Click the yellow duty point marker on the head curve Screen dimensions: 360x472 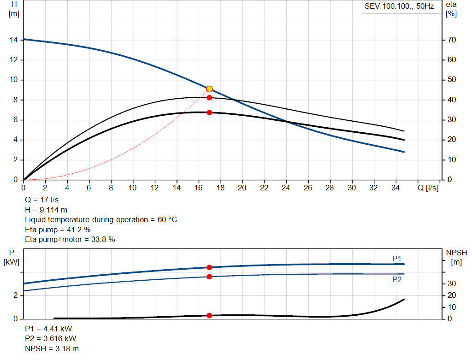click(209, 89)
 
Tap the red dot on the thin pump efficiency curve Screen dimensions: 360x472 click(209, 98)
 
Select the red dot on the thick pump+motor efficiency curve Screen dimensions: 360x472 click(209, 112)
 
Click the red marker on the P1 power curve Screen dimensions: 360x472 click(209, 267)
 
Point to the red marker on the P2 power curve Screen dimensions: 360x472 click(209, 277)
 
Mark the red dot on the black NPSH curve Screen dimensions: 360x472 click(209, 316)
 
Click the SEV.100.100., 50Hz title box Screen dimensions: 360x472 click(400, 7)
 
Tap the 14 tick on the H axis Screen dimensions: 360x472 click(14, 40)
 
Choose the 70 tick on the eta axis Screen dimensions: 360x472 click(451, 40)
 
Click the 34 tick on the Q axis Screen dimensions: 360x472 click(395, 188)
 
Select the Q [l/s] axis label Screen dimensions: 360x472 click(428, 188)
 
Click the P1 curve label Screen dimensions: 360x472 click(397, 259)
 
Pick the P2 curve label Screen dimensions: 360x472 click(397, 279)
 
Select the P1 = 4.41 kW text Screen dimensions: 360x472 click(48, 329)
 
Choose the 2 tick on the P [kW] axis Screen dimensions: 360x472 click(16, 295)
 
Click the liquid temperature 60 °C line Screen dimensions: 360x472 click(101, 219)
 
